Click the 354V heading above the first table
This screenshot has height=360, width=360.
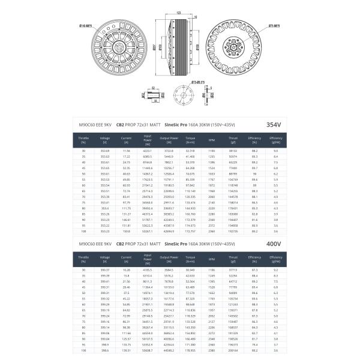point(274,124)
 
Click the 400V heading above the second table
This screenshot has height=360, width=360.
point(274,244)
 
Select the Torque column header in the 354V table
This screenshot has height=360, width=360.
point(190,140)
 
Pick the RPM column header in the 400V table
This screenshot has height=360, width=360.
point(211,260)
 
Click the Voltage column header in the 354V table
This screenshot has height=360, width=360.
point(105,140)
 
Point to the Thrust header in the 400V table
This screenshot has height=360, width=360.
point(233,260)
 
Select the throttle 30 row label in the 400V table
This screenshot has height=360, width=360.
point(83,271)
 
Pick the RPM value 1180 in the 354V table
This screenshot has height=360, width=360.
point(211,151)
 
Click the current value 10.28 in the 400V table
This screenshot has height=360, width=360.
point(126,271)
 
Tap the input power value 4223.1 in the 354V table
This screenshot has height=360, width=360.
point(148,151)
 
